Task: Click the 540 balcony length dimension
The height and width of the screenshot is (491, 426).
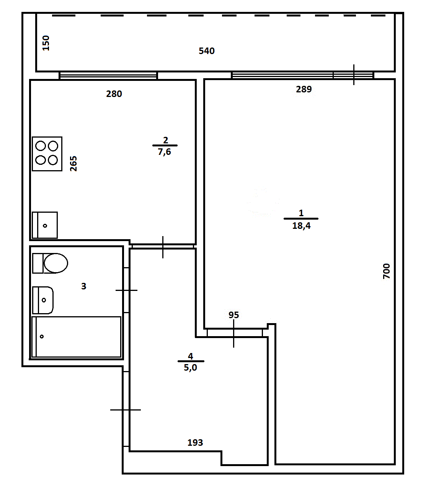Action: click(207, 51)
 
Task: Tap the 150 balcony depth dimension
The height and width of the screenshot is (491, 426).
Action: click(46, 43)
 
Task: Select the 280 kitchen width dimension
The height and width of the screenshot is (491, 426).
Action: click(114, 94)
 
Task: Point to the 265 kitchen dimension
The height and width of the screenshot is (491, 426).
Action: click(73, 164)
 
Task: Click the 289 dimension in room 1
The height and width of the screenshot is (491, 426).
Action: click(304, 89)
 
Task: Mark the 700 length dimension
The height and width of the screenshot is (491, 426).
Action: click(387, 271)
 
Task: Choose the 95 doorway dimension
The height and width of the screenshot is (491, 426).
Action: click(233, 315)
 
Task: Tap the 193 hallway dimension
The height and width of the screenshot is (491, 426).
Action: click(195, 443)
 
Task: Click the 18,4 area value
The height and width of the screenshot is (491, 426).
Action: click(301, 226)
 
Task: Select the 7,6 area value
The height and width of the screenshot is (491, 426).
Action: click(164, 152)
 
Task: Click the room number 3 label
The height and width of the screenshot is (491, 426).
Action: click(83, 286)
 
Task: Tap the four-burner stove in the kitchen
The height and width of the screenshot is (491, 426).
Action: click(47, 154)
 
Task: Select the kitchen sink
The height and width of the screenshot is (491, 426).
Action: click(45, 225)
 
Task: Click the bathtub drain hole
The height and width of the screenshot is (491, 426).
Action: click(42, 337)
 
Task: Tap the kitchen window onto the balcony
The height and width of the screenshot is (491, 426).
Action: click(108, 76)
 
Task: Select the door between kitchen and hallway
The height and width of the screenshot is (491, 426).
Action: click(163, 246)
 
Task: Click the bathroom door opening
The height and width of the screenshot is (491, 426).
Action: click(126, 290)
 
